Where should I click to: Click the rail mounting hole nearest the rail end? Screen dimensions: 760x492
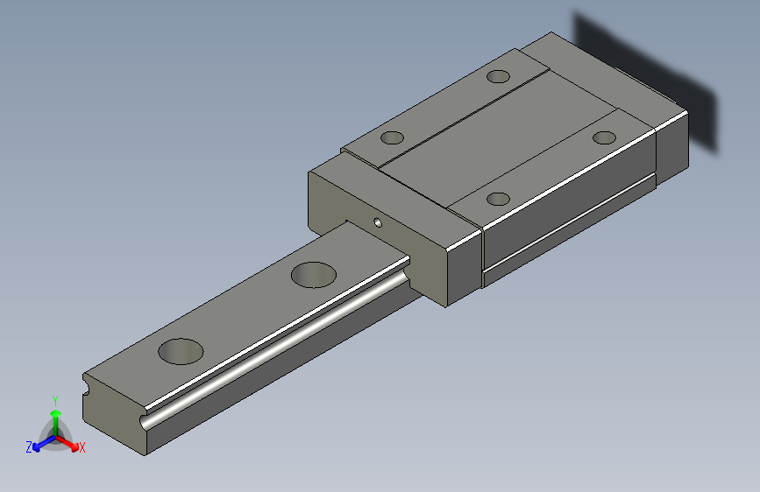(181, 351)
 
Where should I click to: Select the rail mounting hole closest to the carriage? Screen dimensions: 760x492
(314, 275)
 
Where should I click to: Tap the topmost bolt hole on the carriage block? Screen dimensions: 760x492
(498, 76)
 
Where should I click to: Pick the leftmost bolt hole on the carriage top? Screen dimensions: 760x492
(392, 137)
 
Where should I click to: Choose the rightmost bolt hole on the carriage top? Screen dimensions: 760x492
(605, 137)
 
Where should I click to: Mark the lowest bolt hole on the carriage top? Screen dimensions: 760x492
(498, 199)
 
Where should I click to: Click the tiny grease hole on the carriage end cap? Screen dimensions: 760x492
(378, 222)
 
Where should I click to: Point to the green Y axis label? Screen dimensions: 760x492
(55, 400)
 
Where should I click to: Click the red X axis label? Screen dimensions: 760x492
(82, 447)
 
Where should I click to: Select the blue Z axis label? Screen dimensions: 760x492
(29, 447)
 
